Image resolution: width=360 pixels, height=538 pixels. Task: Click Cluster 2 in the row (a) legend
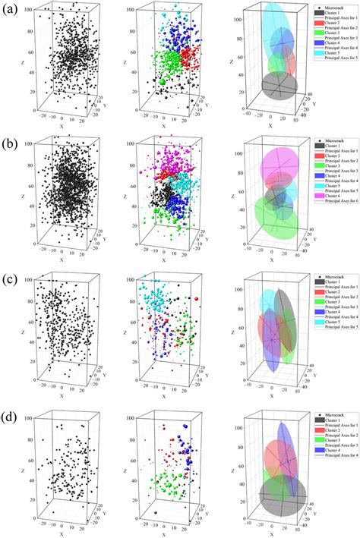pyautogui.click(x=335, y=24)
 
